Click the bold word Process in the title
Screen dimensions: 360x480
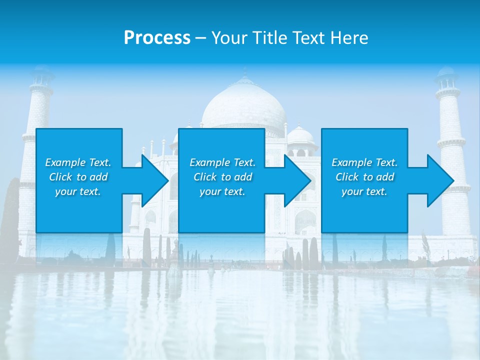(x=157, y=38)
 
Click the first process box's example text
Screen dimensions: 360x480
(x=78, y=177)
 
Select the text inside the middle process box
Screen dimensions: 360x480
(x=222, y=177)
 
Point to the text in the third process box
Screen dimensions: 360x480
(x=364, y=177)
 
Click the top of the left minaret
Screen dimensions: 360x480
(x=42, y=75)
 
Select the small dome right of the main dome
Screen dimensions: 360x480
(x=300, y=136)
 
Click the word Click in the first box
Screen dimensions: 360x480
(x=61, y=177)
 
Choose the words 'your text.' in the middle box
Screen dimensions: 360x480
(x=222, y=191)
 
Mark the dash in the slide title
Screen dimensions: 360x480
(x=201, y=38)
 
